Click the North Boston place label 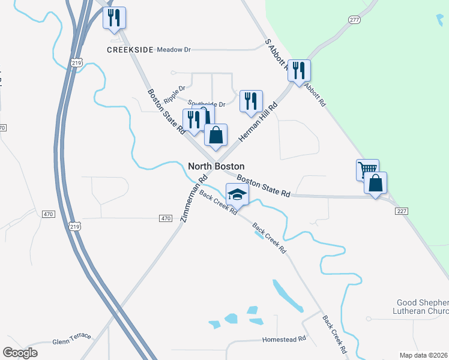pyautogui.click(x=216, y=166)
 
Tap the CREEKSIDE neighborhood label pyautogui.click(x=130, y=50)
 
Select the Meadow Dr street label pyautogui.click(x=173, y=50)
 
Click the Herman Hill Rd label pyautogui.click(x=258, y=122)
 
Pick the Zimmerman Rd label pyautogui.click(x=193, y=199)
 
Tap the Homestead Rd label pyautogui.click(x=284, y=339)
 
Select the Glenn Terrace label pyautogui.click(x=71, y=335)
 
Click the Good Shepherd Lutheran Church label pyautogui.click(x=423, y=306)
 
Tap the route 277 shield pyautogui.click(x=354, y=20)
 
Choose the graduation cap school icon pyautogui.click(x=237, y=194)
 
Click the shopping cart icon pyautogui.click(x=367, y=169)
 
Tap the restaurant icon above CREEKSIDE pyautogui.click(x=114, y=18)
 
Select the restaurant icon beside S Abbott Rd pyautogui.click(x=298, y=70)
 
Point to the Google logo pyautogui.click(x=20, y=353)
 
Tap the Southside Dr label pyautogui.click(x=206, y=104)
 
